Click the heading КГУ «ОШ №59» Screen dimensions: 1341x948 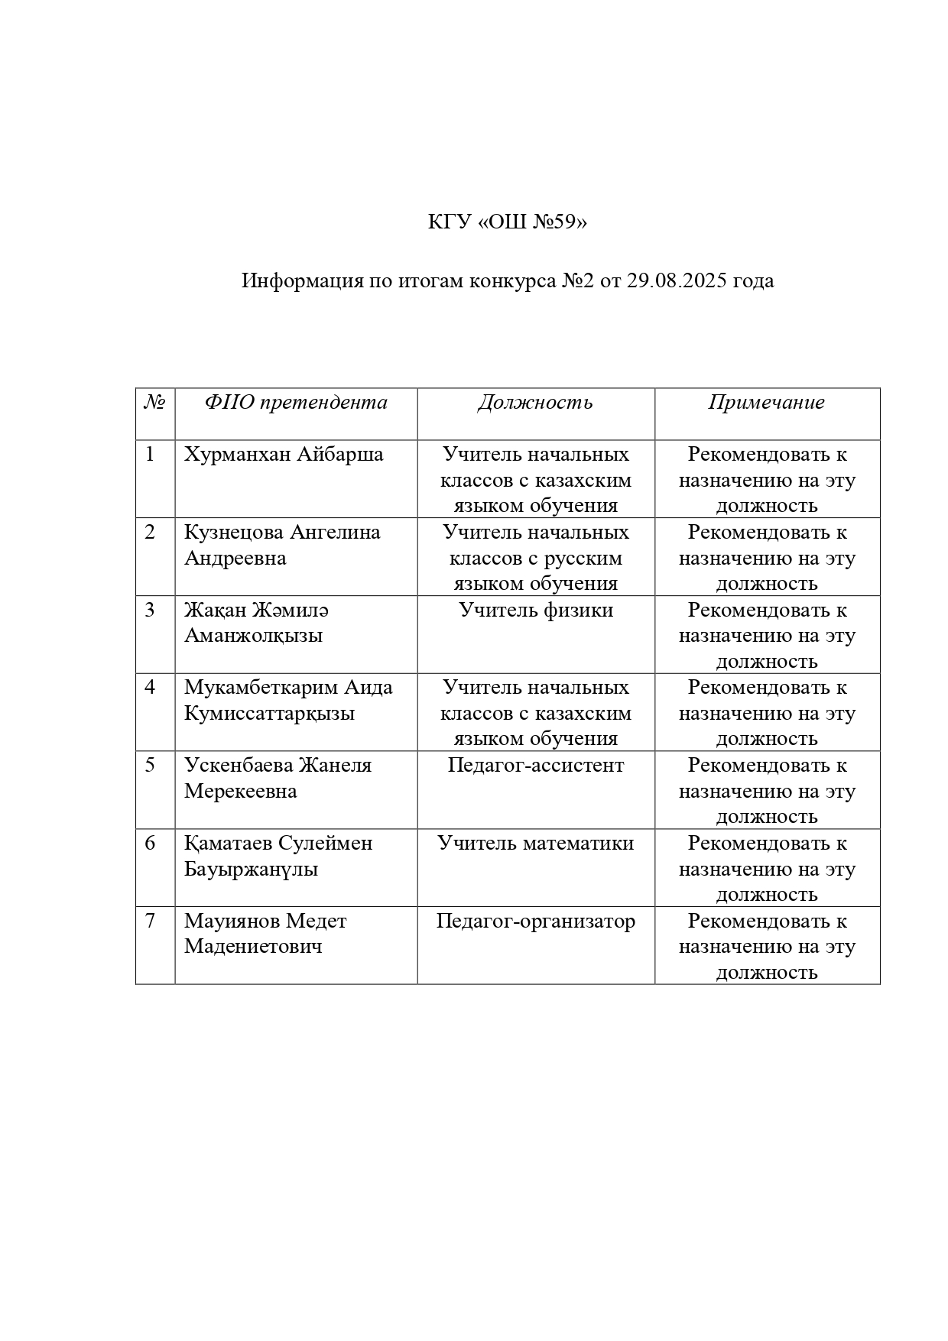click(x=508, y=222)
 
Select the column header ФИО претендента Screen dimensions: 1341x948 click(x=296, y=403)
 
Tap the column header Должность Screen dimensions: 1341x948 click(x=535, y=403)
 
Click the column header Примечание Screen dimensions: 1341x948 click(x=766, y=403)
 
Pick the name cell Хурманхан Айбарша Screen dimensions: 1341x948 click(x=284, y=455)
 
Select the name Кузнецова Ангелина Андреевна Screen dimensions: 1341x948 click(x=282, y=545)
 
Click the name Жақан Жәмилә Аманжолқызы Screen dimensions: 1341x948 click(x=257, y=623)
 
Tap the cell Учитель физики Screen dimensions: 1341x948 click(x=536, y=611)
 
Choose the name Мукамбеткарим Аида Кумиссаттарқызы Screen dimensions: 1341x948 click(x=288, y=700)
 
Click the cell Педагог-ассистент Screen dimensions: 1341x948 click(x=536, y=766)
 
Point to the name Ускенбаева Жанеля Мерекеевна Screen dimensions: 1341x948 click(x=278, y=778)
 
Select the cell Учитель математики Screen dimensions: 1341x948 click(x=536, y=844)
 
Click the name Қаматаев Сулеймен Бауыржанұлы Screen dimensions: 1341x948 click(x=278, y=856)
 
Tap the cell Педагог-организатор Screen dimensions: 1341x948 click(x=536, y=922)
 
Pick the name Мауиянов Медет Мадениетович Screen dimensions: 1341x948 click(x=265, y=934)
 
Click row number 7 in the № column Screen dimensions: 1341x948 click(x=150, y=922)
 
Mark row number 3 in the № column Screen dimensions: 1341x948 click(x=150, y=611)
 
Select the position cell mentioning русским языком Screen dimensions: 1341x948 click(x=536, y=558)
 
